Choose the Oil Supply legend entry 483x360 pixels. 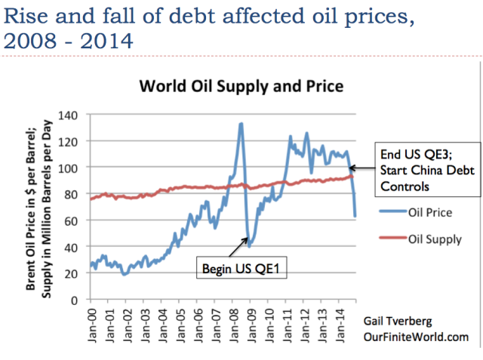(x=432, y=239)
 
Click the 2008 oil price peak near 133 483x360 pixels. (x=241, y=123)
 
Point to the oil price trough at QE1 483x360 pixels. (x=248, y=247)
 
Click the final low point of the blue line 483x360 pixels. (x=355, y=217)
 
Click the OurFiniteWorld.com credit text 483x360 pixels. (x=415, y=337)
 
